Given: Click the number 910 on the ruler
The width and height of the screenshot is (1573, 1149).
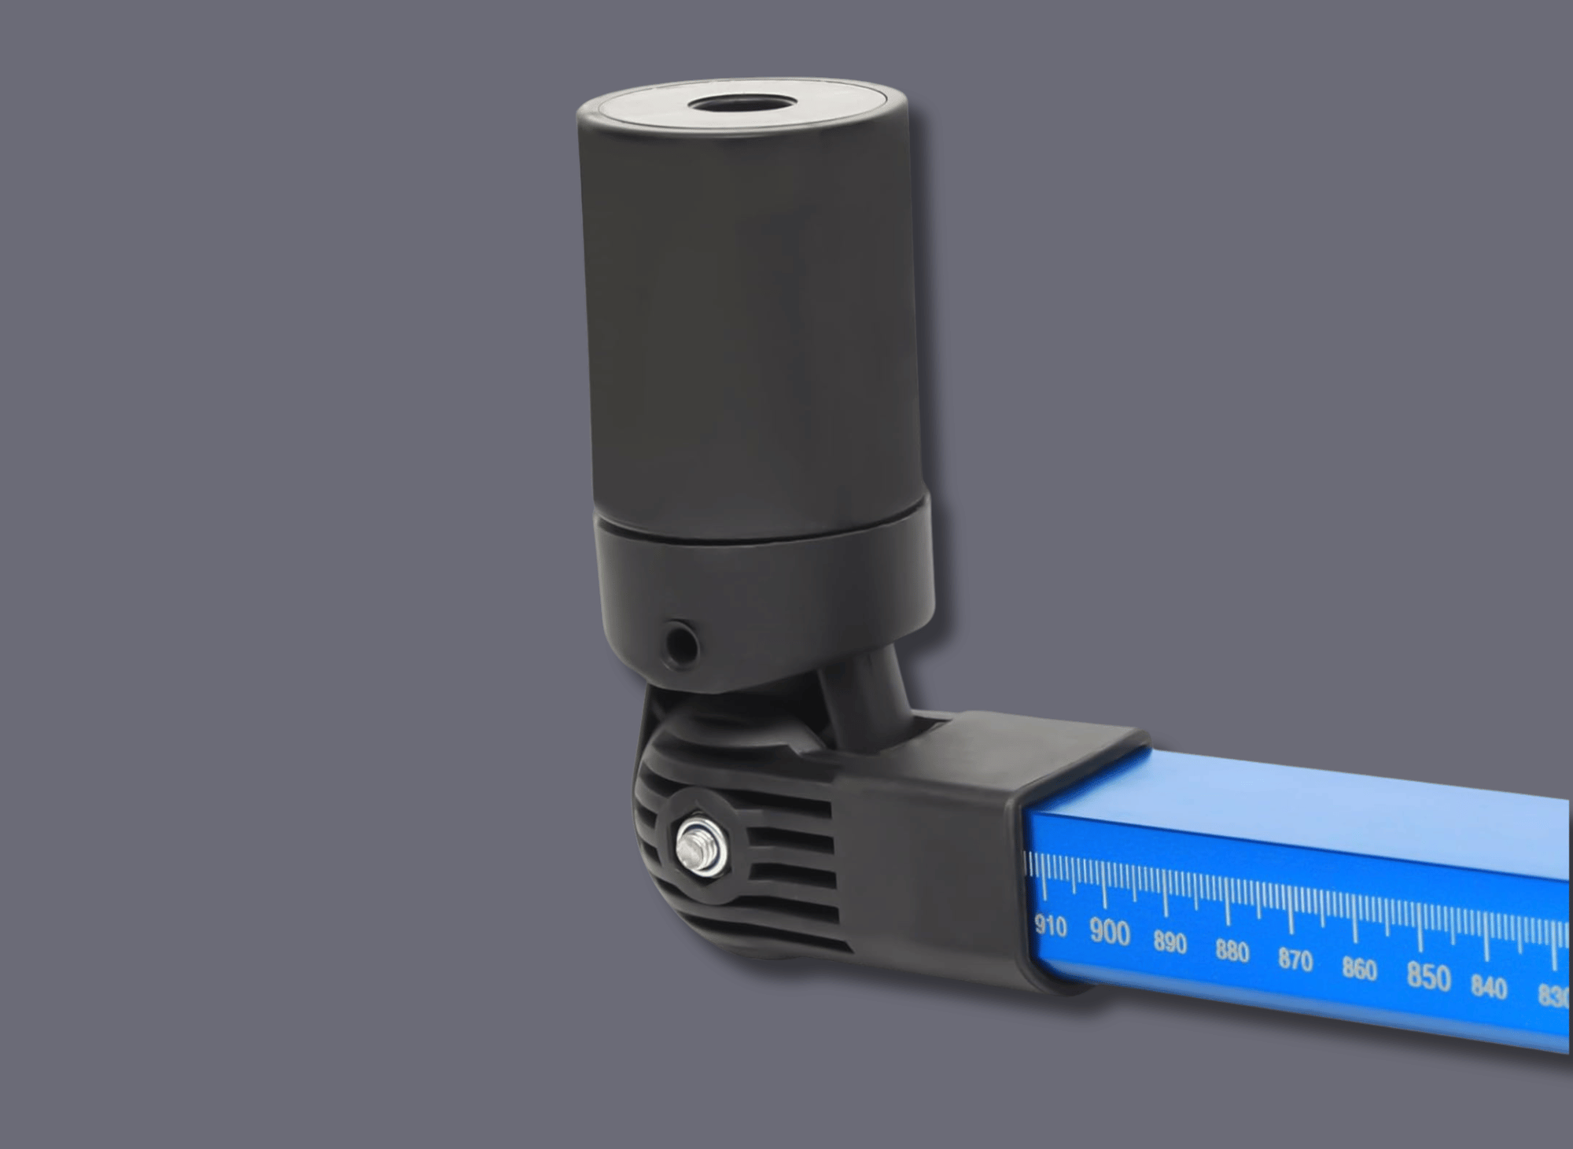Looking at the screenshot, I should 1051,926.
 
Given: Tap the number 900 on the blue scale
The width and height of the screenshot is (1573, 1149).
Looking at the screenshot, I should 1110,933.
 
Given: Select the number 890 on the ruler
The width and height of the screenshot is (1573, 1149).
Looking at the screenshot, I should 1170,942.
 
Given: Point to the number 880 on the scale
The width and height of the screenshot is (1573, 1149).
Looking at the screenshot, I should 1232,952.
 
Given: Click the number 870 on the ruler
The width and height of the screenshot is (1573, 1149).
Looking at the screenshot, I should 1295,960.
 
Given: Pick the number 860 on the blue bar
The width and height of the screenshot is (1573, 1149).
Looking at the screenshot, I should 1359,969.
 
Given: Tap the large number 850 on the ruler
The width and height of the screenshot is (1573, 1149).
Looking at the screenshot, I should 1428,976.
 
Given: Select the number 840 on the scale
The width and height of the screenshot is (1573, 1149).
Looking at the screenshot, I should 1489,987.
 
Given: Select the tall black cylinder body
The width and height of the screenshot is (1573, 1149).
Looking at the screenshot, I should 747,315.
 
